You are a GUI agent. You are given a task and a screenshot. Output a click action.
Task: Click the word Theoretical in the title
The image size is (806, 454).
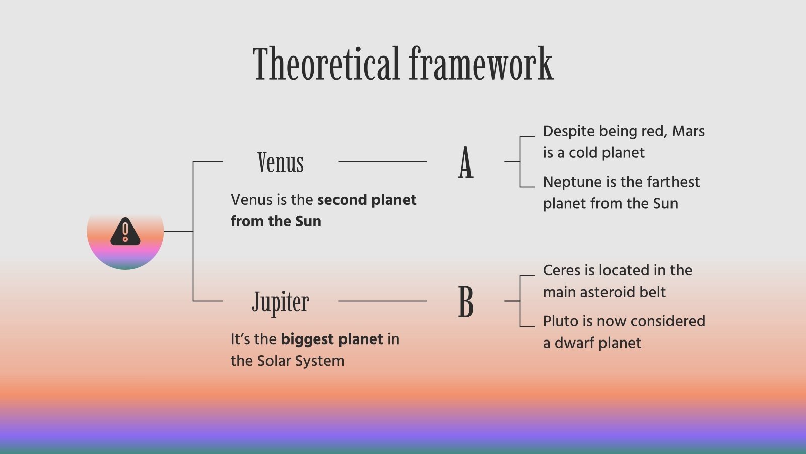click(326, 64)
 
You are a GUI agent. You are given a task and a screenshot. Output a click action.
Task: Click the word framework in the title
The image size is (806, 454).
click(481, 64)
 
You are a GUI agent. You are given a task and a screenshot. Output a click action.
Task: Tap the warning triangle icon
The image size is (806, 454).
click(125, 232)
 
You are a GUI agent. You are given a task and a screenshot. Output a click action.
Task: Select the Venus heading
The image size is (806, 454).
click(281, 162)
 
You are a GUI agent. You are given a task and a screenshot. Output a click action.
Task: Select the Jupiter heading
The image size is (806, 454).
click(281, 303)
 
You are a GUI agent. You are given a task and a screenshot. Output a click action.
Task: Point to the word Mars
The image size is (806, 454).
click(688, 131)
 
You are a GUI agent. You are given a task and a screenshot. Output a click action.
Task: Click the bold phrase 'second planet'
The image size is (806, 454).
click(367, 200)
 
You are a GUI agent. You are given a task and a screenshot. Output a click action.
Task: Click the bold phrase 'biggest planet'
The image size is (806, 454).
click(332, 339)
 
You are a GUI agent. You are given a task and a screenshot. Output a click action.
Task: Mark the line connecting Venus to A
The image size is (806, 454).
click(382, 162)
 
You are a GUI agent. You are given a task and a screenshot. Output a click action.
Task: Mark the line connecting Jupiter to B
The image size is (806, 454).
click(382, 301)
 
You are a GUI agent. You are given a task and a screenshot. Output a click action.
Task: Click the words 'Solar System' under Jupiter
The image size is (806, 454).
click(301, 361)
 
